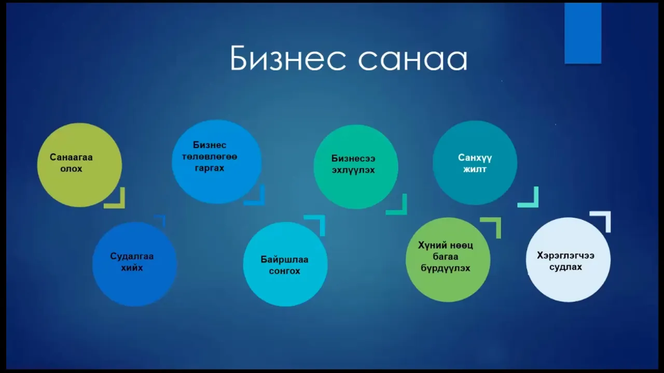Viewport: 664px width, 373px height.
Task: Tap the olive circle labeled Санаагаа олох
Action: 79,165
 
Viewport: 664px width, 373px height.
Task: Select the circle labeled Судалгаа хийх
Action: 134,264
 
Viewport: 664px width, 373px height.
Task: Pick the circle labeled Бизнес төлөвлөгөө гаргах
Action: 217,162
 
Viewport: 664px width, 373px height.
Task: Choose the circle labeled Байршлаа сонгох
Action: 285,264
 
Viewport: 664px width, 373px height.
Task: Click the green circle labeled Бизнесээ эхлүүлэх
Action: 356,167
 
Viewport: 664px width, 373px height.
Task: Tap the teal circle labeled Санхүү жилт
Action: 475,163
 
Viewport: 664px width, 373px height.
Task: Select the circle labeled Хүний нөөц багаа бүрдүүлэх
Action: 448,260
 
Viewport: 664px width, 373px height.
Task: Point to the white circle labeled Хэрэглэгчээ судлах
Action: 568,260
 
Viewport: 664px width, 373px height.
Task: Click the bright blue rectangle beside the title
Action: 583,33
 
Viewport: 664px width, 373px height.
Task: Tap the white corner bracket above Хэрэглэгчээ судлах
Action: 607,214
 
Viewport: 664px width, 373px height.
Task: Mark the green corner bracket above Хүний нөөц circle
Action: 498,221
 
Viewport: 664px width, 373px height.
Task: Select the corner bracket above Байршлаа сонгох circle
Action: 322,218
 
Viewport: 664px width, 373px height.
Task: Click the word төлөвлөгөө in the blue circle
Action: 210,156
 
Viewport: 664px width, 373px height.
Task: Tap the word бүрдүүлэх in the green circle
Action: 446,268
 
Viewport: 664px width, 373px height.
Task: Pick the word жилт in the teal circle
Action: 475,169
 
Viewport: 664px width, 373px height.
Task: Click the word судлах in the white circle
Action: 565,267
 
